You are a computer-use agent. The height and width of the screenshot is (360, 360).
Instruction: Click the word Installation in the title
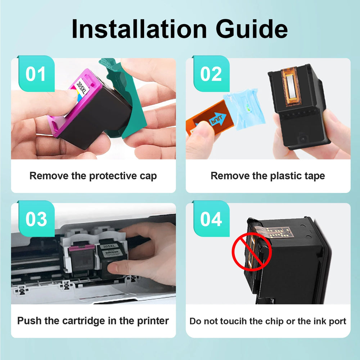(139, 29)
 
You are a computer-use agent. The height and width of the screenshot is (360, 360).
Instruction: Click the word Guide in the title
(252, 29)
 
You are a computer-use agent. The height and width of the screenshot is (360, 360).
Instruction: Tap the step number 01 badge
(36, 74)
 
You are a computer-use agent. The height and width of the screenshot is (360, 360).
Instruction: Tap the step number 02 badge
(211, 74)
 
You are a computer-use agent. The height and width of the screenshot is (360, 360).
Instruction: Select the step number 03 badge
(36, 219)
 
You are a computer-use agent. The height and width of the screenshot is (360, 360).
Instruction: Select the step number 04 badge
(211, 219)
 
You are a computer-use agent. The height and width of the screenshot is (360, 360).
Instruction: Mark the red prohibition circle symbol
(252, 252)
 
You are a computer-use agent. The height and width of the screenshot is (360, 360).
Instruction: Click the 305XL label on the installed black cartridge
(109, 247)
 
